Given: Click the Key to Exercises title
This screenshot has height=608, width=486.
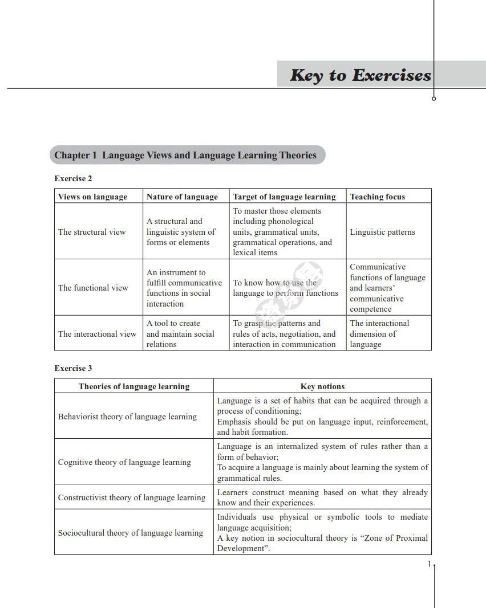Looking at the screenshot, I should (360, 75).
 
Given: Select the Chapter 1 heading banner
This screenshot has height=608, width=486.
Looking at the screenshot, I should (186, 155).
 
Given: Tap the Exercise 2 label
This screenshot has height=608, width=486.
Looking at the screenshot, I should (73, 178).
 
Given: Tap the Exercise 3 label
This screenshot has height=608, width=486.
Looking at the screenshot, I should (73, 368).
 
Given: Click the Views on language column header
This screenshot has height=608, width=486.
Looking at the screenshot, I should (92, 197).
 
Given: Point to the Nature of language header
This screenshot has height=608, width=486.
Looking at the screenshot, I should (182, 197).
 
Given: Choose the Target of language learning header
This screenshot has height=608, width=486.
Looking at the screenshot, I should (284, 197).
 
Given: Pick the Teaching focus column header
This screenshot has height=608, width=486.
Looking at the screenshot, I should (377, 197).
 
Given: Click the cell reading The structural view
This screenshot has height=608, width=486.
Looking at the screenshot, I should (92, 232).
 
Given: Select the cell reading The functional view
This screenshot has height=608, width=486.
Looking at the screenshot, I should (93, 288).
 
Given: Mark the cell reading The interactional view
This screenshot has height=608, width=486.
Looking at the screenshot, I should (97, 334).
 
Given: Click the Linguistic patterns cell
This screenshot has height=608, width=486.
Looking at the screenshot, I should (382, 232).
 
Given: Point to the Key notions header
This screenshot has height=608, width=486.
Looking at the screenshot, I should (322, 386).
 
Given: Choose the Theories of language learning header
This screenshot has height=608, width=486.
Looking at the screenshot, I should (134, 386).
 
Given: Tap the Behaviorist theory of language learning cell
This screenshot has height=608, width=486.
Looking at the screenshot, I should (127, 417).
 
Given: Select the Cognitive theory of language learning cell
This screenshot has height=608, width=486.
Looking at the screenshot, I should (124, 462).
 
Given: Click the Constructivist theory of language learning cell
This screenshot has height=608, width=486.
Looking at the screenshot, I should (132, 497).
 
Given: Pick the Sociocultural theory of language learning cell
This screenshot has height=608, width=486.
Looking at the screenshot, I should (131, 533).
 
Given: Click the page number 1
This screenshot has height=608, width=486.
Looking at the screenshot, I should (429, 564).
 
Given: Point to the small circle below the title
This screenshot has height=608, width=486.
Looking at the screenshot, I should (434, 99).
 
